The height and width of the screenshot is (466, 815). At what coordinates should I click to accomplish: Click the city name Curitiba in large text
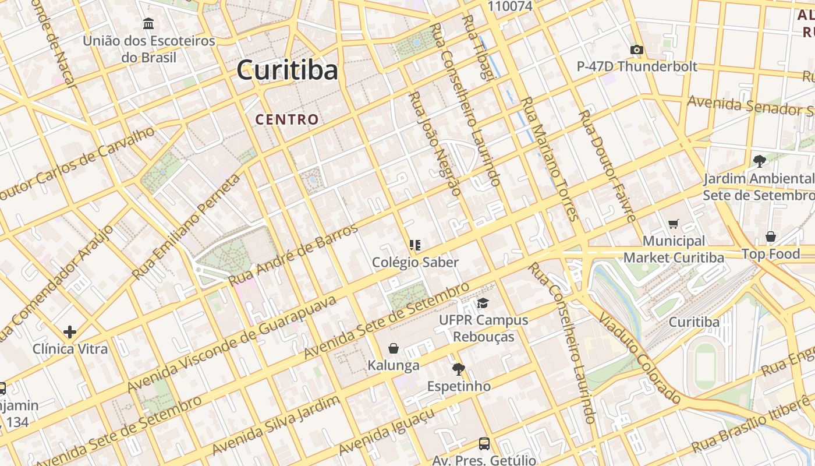click(x=287, y=70)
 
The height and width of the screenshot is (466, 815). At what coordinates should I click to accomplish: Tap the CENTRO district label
click(x=287, y=120)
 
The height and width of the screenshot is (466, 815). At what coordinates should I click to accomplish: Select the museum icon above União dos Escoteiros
click(x=148, y=24)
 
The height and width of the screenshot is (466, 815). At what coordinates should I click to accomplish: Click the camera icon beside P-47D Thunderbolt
click(x=637, y=50)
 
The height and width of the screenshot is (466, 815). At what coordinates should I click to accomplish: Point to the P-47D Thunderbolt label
click(x=637, y=66)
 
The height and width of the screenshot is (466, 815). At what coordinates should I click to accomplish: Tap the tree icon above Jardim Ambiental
click(x=759, y=161)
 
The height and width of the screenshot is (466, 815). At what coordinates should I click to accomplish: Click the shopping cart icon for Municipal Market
click(x=674, y=224)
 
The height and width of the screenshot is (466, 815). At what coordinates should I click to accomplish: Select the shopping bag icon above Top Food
click(x=770, y=236)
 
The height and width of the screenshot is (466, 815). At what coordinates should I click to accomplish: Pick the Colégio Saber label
click(x=415, y=262)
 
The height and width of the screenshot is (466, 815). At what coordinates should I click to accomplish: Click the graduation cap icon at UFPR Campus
click(x=483, y=303)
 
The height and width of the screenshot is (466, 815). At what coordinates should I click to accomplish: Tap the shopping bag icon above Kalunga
click(x=394, y=349)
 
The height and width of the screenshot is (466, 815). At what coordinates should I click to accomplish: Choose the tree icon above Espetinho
click(x=459, y=369)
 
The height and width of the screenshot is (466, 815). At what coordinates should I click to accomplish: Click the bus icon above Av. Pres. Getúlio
click(x=484, y=444)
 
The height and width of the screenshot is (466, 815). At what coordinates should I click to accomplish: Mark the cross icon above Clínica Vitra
click(x=70, y=332)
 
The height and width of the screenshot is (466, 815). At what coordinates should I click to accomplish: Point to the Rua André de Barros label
click(x=293, y=255)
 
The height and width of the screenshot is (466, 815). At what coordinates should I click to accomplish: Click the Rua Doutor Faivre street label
click(x=607, y=165)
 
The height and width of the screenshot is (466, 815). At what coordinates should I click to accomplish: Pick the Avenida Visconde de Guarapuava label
click(x=231, y=344)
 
